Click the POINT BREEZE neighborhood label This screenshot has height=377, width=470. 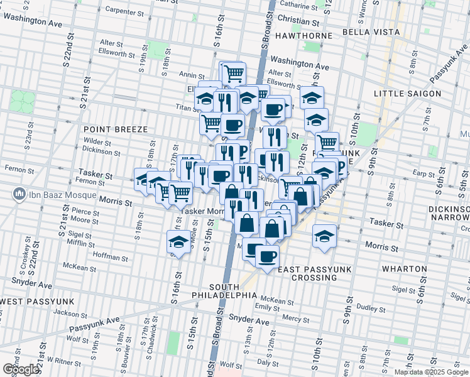pos(116,129)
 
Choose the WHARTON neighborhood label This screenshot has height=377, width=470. pos(404,268)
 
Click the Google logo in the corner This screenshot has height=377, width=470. pos(20,369)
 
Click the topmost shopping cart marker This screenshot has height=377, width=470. pos(234,73)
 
